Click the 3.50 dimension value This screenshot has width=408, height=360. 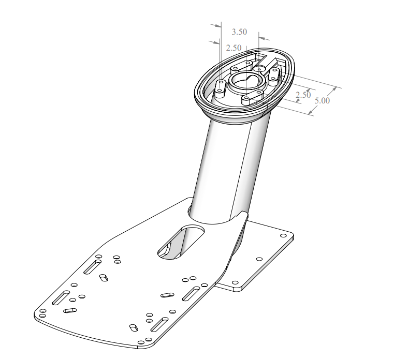point(239,32)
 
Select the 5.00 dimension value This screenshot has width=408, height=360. point(322,100)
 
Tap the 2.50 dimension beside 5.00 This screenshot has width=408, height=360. point(303,95)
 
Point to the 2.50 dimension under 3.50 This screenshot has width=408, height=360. point(234,48)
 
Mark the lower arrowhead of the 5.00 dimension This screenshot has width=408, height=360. point(311,112)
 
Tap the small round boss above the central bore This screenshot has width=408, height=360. point(259,69)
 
